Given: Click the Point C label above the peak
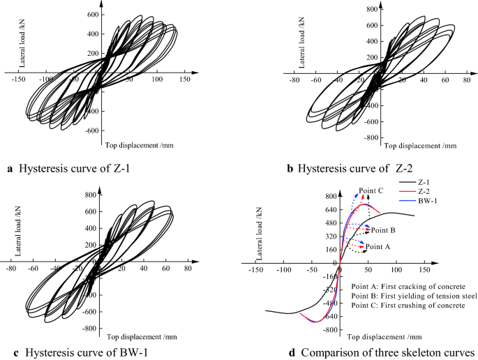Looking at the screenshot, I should click(371, 190).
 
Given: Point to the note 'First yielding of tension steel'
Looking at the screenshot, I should click(414, 297).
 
